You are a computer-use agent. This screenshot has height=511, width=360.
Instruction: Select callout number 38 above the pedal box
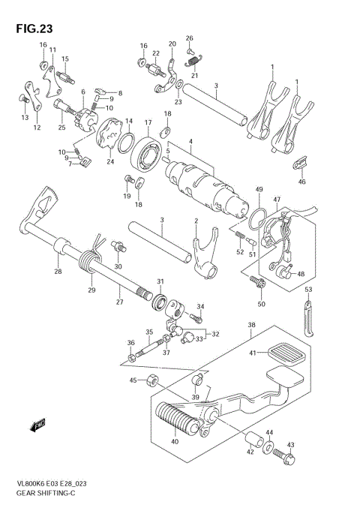250,326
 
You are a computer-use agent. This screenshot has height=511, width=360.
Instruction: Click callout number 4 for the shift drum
190,141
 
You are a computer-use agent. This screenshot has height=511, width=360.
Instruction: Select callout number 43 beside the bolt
291,446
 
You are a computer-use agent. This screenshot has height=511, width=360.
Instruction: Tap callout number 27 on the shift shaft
118,302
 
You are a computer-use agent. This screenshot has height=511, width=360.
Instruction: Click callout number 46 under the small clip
301,182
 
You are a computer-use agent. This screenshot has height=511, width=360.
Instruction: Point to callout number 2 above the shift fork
196,221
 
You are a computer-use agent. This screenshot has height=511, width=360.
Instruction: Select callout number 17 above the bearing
148,122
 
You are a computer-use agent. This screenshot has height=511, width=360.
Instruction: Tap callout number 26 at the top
190,38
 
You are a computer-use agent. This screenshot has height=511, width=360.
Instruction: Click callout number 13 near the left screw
24,118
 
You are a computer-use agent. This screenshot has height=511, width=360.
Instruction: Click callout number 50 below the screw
261,303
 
